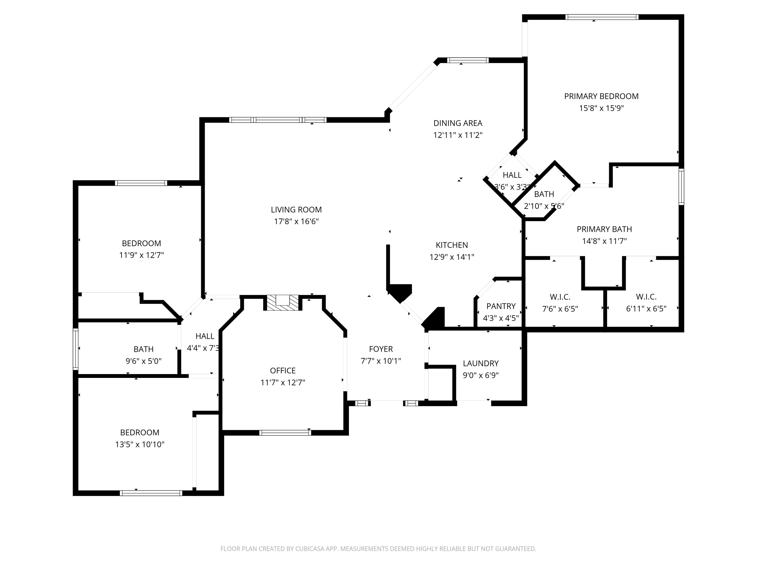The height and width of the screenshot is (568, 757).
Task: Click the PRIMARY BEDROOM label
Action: [601, 96]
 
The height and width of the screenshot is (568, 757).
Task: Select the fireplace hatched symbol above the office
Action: [283, 303]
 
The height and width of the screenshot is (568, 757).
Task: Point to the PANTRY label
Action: [501, 306]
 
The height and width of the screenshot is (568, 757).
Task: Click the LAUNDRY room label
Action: [480, 363]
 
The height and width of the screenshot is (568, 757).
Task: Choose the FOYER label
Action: [381, 349]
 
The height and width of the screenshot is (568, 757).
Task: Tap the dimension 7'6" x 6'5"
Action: [560, 309]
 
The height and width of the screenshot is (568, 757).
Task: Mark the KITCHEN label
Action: [451, 245]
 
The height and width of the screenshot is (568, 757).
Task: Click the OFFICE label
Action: [282, 370]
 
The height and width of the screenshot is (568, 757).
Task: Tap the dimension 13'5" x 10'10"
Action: [140, 444]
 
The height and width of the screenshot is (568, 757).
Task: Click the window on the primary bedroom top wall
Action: [601, 17]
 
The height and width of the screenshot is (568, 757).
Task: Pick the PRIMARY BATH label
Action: [604, 229]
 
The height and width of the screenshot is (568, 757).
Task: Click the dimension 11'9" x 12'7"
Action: [141, 255]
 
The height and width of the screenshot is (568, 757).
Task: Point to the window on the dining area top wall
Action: [468, 61]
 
